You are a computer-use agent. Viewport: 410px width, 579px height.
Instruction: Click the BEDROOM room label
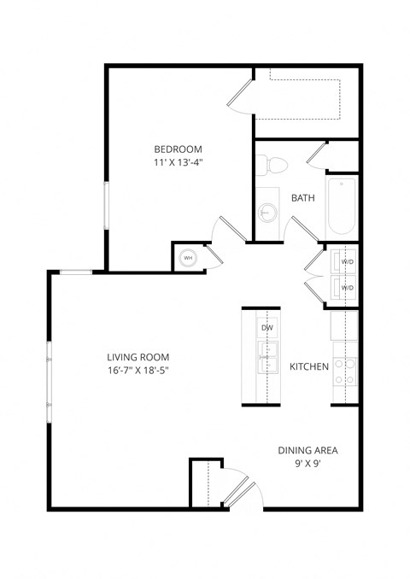(x=178, y=149)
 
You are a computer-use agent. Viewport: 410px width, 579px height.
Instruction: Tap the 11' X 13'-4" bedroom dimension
(x=178, y=161)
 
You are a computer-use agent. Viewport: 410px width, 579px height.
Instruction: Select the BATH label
(x=303, y=197)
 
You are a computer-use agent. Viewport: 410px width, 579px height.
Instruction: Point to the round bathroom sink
(x=268, y=212)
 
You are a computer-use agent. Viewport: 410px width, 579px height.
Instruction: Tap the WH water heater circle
(x=188, y=258)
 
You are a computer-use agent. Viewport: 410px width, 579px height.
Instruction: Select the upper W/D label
(x=347, y=261)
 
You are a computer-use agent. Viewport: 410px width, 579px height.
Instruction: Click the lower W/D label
(x=347, y=288)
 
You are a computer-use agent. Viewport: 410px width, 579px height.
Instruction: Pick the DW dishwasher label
(x=266, y=327)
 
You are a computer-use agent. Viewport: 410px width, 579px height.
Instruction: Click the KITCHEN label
(x=309, y=366)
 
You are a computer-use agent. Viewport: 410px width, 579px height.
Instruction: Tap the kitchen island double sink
(x=267, y=357)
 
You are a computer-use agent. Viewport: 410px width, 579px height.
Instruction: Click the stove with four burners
(x=344, y=369)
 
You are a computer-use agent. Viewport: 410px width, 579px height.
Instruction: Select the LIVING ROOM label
(x=138, y=357)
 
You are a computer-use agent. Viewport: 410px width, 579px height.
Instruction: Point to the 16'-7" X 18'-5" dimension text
(x=138, y=371)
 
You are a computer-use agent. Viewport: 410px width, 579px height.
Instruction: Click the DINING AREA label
(x=308, y=450)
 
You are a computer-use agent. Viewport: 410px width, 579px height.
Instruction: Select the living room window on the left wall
(x=50, y=377)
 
